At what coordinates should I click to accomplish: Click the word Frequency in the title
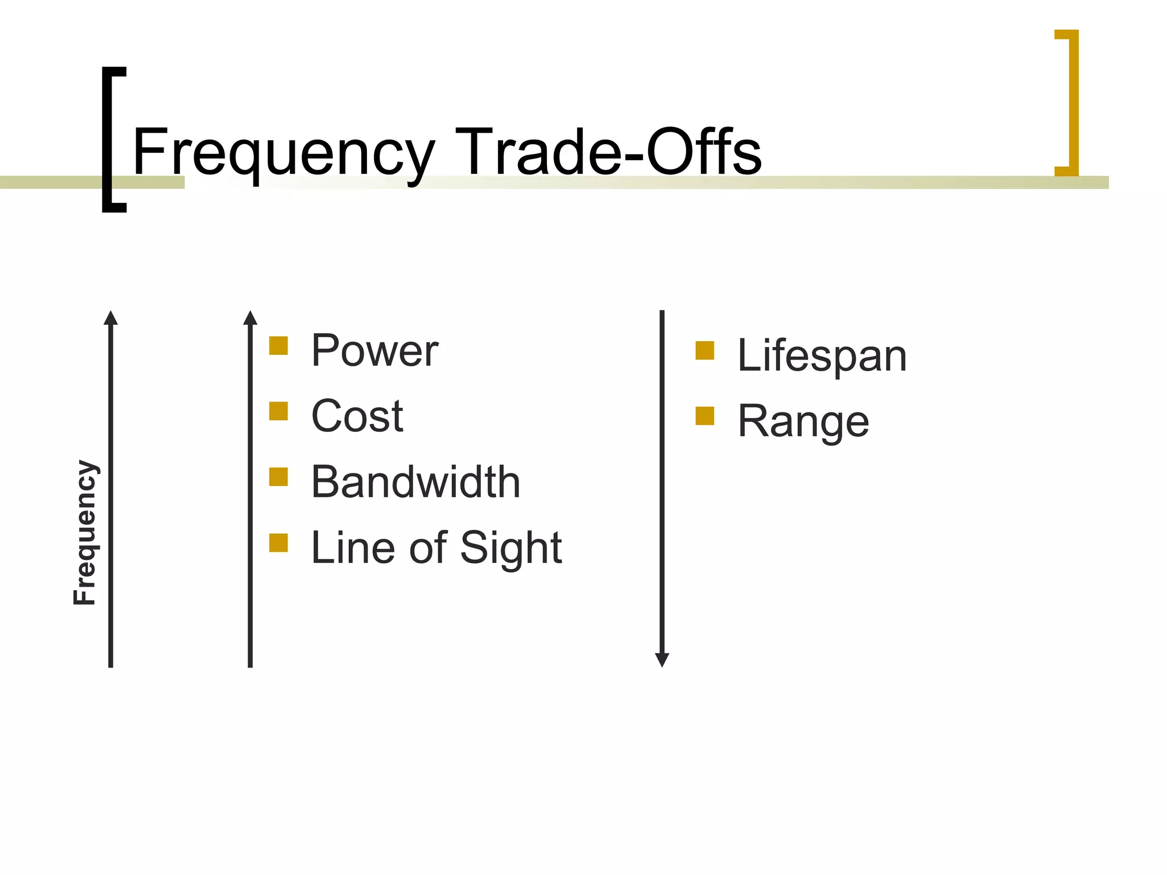coord(283,153)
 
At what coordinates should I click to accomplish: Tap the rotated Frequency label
coord(85,532)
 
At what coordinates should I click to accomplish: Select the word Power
coord(374,350)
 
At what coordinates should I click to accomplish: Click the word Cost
coord(357,416)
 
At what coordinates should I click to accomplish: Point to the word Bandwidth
coord(415,482)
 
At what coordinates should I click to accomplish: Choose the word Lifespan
coord(822,355)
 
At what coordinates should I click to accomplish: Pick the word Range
coord(803,422)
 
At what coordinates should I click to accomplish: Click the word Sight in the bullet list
coord(511,547)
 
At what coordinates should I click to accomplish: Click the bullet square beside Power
coord(278,345)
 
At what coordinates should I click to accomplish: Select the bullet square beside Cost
coord(278,411)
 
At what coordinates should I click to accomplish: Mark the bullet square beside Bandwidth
coord(278,477)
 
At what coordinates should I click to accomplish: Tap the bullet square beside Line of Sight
coord(278,542)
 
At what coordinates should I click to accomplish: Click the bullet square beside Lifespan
coord(705,350)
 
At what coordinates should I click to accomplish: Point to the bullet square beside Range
coord(705,416)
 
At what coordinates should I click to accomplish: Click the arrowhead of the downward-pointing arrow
coord(662,660)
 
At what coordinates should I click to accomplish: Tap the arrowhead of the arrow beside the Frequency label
coord(111,318)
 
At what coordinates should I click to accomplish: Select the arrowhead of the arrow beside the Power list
coord(250,318)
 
